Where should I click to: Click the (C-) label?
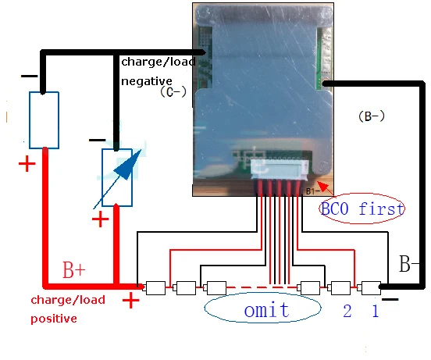173,92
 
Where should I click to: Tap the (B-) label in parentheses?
372,116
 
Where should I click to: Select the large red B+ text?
74,270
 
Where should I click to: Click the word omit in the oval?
266,310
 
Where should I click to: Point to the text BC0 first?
362,209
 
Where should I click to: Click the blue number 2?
347,311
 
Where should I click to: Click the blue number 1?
376,311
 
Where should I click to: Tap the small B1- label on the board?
313,191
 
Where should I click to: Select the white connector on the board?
280,168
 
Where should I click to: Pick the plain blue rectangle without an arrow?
44,120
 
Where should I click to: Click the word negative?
147,81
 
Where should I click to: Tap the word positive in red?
54,319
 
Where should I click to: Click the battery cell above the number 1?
371,287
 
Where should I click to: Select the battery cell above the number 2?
340,287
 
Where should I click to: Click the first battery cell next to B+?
155,287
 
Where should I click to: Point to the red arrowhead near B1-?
324,187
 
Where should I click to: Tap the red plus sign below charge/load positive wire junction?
131,300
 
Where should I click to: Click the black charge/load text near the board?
159,62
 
